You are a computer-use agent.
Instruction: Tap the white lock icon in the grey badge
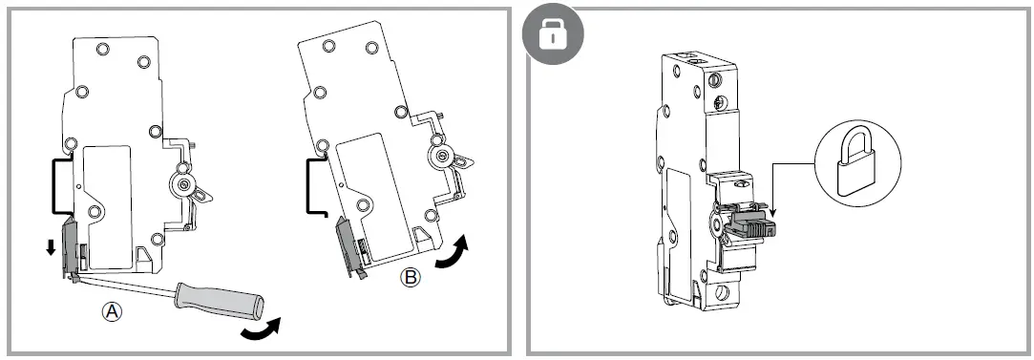coord(553,35)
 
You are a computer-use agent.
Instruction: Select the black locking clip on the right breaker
coord(755,225)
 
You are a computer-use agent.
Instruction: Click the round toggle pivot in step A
coord(180,185)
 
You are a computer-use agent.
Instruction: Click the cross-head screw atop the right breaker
coord(717,97)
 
